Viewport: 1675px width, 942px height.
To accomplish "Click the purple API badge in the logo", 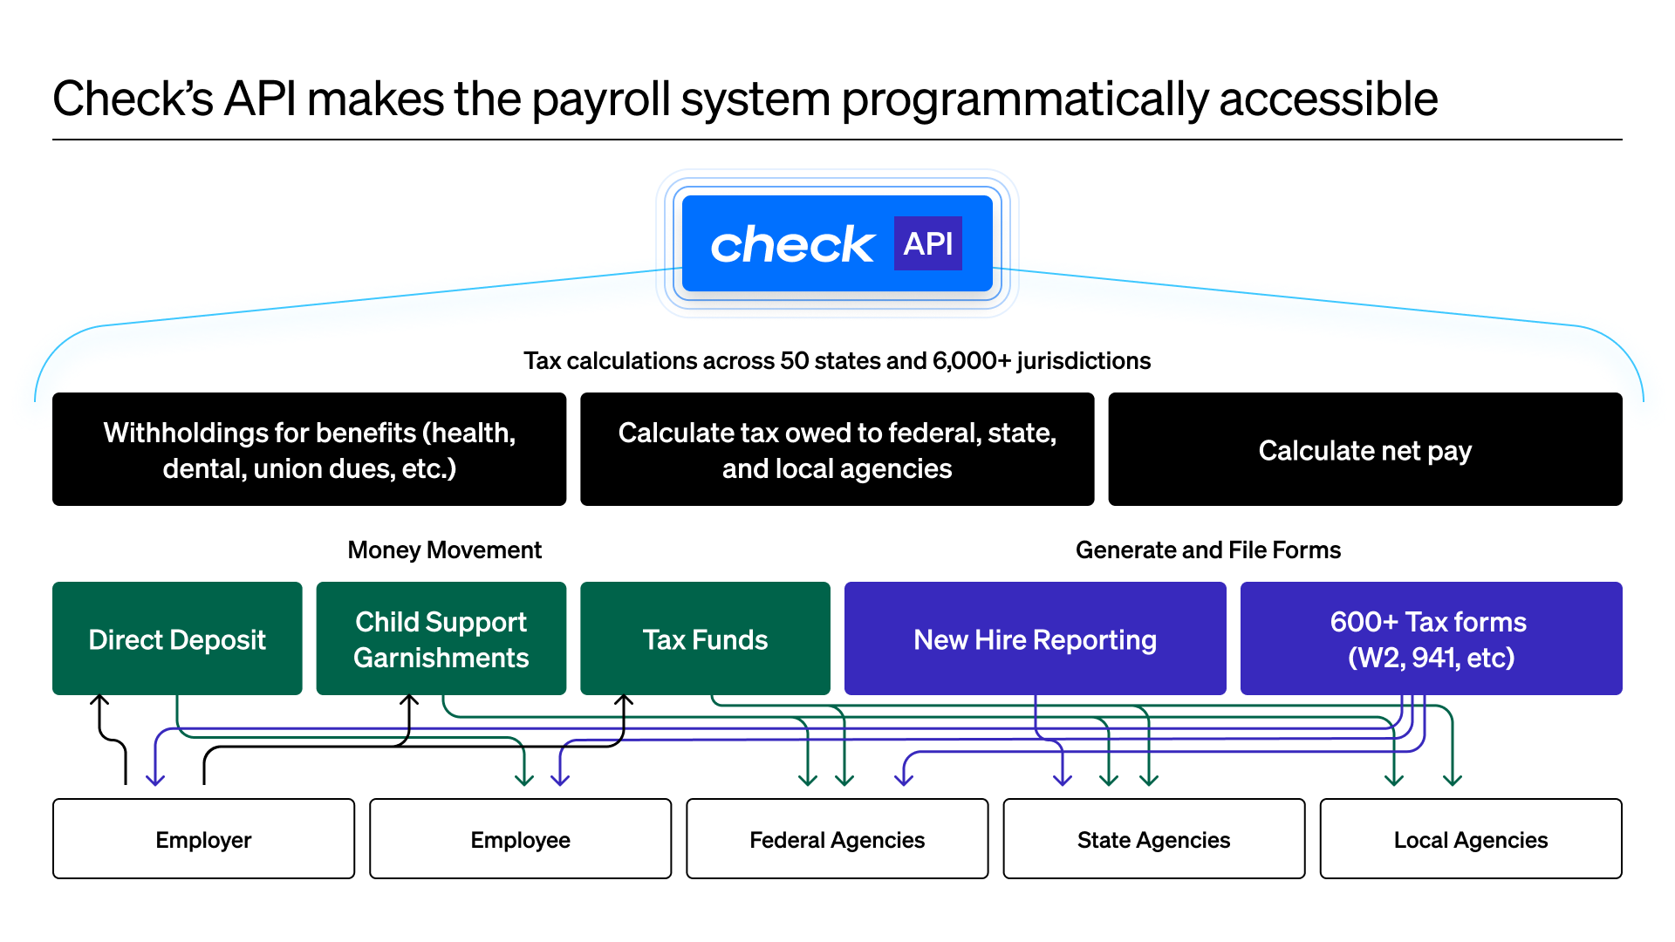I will [x=927, y=243].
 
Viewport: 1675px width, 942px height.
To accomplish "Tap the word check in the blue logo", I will [x=791, y=245].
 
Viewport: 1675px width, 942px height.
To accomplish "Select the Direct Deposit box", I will [x=177, y=639].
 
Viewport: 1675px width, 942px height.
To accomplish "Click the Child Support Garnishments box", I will [x=441, y=639].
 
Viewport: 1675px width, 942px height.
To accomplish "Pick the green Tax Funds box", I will [x=705, y=639].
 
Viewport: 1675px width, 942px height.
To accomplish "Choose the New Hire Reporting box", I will [x=1035, y=639].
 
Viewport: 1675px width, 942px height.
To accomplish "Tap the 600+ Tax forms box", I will [x=1431, y=639].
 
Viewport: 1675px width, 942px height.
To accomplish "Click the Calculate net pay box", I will [x=1364, y=450].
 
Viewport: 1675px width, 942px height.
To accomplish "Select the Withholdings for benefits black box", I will [x=309, y=450].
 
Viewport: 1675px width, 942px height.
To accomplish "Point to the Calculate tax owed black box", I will [x=837, y=450].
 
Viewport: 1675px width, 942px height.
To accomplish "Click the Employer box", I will [x=203, y=839].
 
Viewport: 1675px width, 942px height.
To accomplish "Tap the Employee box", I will [x=520, y=839].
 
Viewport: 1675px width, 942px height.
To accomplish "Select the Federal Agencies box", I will [x=837, y=839].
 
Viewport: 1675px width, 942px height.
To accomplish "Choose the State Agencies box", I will [x=1153, y=839].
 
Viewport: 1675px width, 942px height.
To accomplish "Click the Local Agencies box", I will [x=1470, y=839].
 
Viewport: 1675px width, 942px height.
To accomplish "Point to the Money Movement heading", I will [x=444, y=549].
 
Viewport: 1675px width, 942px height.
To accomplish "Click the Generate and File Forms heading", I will [x=1207, y=549].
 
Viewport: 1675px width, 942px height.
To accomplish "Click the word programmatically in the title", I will [x=1025, y=99].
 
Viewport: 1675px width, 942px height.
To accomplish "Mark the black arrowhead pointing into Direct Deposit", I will [x=100, y=700].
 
